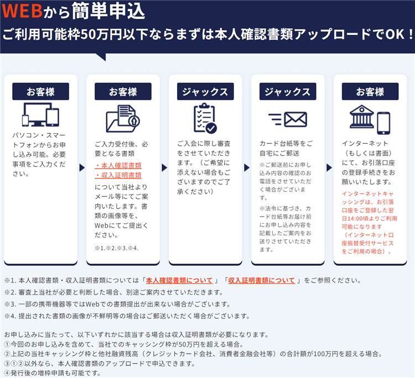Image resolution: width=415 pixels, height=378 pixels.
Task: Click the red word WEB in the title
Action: [22, 11]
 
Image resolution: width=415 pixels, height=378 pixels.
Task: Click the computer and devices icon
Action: [40, 115]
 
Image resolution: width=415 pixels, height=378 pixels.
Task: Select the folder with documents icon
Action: [123, 118]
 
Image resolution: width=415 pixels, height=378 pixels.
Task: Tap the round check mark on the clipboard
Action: [211, 128]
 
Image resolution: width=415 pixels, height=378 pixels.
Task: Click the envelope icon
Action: [295, 119]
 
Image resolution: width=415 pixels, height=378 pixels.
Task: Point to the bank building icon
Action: [361, 117]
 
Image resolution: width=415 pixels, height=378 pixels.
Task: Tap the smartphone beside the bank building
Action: [383, 123]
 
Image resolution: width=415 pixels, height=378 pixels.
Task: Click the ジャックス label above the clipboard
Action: [205, 91]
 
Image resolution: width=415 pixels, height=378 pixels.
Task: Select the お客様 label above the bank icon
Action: [370, 91]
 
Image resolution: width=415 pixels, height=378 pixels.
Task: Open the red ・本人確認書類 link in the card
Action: [118, 166]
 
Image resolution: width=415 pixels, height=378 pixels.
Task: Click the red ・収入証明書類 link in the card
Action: [118, 175]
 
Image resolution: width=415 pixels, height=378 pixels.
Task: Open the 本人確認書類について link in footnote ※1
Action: [179, 280]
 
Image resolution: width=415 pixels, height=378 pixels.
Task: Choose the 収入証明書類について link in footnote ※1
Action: [262, 280]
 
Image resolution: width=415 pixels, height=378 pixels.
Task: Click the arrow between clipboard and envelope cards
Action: [247, 167]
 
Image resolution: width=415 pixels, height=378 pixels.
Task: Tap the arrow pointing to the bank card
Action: [329, 167]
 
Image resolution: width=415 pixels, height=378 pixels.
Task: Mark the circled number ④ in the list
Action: [7, 373]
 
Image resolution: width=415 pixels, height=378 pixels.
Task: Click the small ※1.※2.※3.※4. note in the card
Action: [116, 248]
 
